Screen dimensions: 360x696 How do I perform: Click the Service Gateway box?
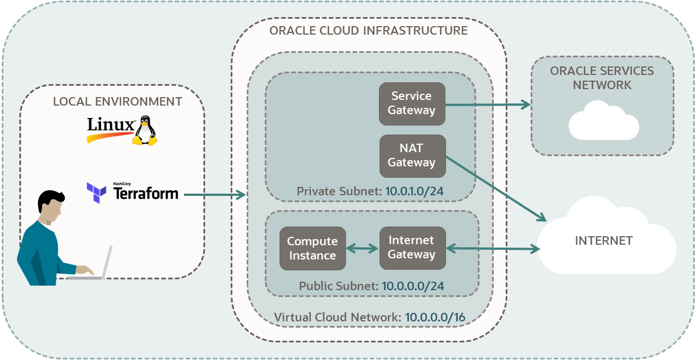point(412,103)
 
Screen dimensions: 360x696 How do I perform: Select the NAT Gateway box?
point(412,155)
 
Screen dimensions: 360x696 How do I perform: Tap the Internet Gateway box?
point(412,248)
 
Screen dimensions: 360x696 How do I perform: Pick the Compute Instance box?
point(312,249)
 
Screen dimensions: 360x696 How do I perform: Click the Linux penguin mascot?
point(144,131)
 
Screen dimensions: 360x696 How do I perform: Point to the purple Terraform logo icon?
point(96,192)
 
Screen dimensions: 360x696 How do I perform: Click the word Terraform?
point(146,194)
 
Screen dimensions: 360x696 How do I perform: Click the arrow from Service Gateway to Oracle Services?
point(487,104)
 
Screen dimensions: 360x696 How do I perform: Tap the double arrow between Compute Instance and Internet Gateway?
point(362,248)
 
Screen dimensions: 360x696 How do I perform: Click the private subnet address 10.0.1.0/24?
point(414,191)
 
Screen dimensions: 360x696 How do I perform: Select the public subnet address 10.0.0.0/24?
point(413,286)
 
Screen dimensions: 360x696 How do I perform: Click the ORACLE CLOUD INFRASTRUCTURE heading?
point(368,31)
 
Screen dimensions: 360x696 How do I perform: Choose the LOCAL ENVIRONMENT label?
point(118,102)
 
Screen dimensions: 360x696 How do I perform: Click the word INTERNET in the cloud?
point(603,241)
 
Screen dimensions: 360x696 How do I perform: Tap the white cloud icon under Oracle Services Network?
point(603,120)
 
